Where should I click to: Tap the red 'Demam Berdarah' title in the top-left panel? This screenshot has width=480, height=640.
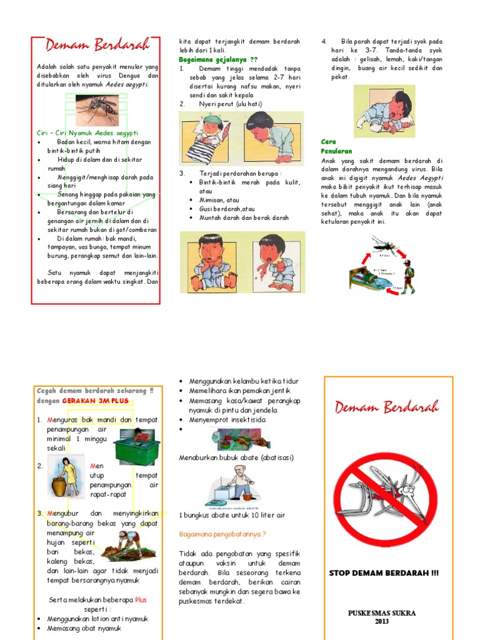97,46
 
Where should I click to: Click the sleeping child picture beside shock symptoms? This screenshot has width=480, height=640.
384,111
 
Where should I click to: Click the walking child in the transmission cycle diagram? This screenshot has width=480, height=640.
407,277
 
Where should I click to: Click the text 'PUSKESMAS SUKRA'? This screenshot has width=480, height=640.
382,612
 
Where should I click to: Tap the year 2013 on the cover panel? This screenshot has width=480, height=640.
382,621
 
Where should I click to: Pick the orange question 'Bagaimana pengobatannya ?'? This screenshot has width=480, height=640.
222,534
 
